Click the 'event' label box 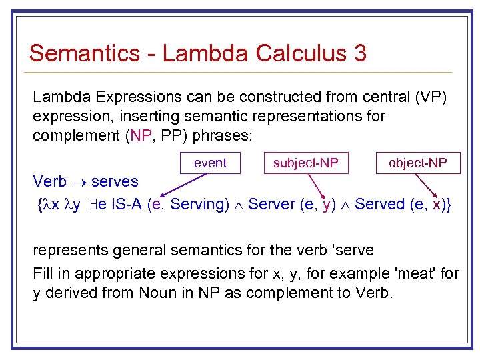coord(210,163)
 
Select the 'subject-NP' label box coord(306,163)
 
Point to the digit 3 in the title coord(360,53)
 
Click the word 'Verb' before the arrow coord(50,181)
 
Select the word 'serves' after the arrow coord(115,181)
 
